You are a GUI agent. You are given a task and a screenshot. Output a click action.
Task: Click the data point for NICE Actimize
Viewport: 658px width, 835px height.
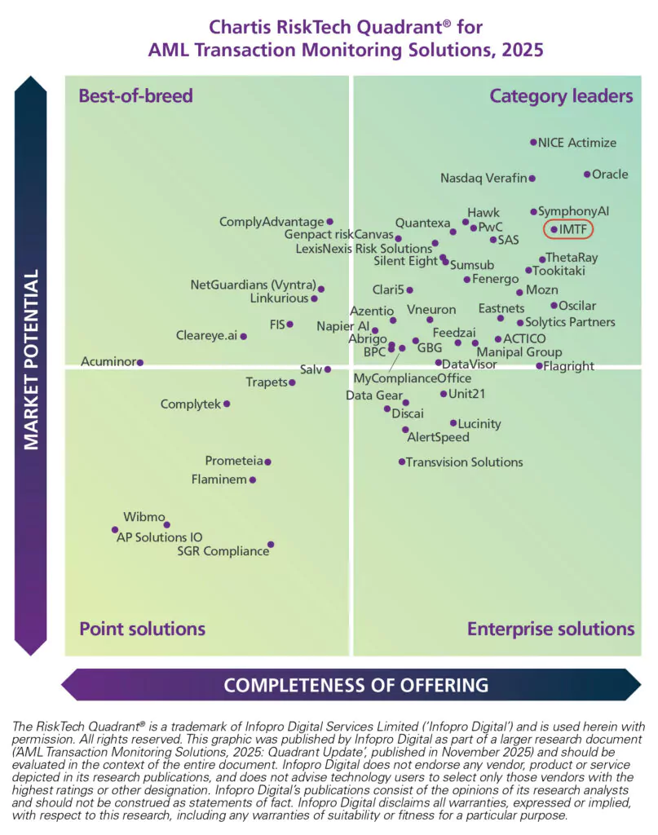[533, 142]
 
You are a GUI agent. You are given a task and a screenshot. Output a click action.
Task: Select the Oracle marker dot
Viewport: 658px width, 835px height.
[587, 174]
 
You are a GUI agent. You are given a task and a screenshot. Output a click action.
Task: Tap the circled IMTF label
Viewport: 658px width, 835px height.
[568, 229]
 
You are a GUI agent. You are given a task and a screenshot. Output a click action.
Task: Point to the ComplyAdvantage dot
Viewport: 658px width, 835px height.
[330, 221]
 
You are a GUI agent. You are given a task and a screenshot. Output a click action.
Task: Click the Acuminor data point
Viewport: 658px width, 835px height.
[140, 362]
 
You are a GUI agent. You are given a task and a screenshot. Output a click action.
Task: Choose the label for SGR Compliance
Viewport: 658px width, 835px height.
[223, 551]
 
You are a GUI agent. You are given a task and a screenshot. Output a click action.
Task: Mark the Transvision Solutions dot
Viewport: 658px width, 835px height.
[402, 462]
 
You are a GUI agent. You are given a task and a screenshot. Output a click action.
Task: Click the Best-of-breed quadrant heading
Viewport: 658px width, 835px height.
[135, 96]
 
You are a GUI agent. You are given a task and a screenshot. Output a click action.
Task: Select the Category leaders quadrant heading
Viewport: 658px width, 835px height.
[561, 96]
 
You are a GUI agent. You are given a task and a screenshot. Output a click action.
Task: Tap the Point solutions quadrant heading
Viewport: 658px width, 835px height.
[142, 629]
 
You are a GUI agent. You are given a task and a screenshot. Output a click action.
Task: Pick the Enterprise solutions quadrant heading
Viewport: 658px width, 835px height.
[550, 629]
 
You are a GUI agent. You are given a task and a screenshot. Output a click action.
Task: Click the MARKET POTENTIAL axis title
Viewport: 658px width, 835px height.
[31, 360]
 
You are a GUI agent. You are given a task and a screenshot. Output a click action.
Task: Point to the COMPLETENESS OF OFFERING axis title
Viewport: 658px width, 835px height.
[356, 684]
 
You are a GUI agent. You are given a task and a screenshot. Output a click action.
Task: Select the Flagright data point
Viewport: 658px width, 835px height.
[539, 366]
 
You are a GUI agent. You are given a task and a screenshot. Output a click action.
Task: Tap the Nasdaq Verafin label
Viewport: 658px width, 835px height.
[484, 178]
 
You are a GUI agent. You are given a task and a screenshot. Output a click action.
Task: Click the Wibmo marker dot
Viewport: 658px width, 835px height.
[167, 524]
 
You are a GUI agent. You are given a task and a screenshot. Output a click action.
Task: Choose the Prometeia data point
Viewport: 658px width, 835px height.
[267, 462]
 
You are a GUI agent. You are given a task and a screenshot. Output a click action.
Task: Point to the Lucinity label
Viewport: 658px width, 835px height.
[479, 424]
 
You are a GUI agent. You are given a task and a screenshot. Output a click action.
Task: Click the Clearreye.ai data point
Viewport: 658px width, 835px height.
[243, 336]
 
